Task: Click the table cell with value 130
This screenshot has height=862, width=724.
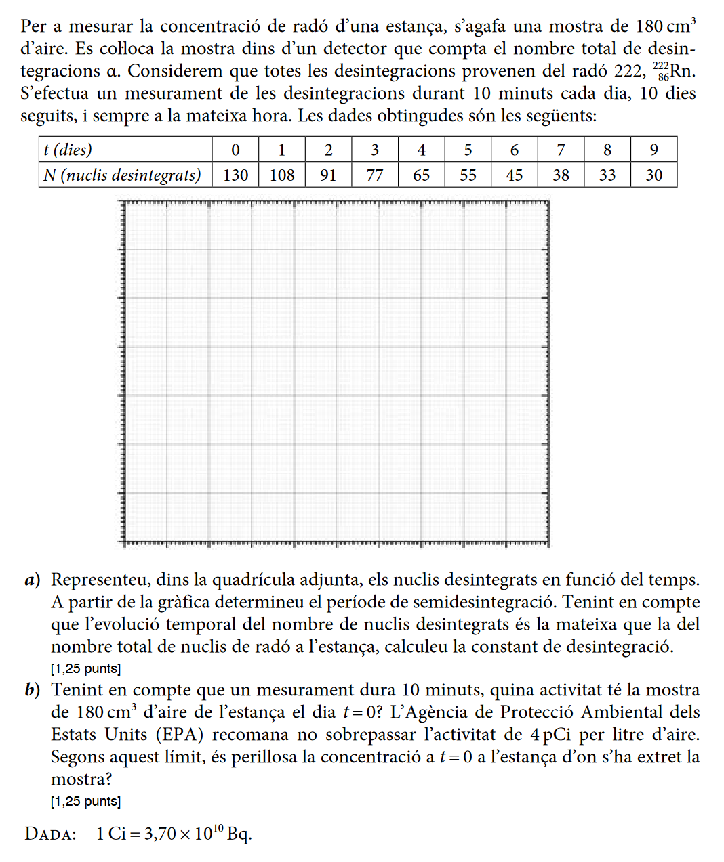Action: coord(235,175)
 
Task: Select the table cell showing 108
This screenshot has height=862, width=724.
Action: coord(282,175)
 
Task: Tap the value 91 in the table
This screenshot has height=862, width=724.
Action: coord(328,175)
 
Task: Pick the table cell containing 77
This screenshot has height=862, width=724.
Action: coord(375,175)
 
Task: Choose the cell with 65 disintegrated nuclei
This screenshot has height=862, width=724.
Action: coord(422,175)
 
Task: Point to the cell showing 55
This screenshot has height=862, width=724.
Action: coord(468,175)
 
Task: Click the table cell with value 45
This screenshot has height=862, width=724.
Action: coord(515,175)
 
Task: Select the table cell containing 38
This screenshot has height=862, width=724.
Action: coord(561,175)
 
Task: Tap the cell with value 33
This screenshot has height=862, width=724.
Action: coord(607,175)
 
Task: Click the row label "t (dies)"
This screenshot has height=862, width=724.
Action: coord(68,150)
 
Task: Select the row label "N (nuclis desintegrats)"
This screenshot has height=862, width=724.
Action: coord(123,175)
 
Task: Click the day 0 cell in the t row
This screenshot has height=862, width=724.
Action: coord(235,150)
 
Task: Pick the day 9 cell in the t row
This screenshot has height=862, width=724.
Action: coord(653,150)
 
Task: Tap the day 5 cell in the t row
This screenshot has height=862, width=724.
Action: coord(468,150)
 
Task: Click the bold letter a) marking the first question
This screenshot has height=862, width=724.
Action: coord(32,580)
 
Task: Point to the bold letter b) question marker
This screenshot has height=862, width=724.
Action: coord(32,690)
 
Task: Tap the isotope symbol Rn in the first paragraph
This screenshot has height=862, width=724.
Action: coord(683,71)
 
